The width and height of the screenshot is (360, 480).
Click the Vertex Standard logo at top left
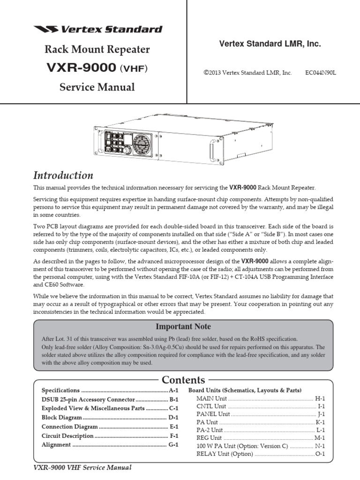click(x=97, y=29)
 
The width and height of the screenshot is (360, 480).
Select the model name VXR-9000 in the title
click(x=81, y=68)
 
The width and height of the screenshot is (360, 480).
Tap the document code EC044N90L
click(x=321, y=73)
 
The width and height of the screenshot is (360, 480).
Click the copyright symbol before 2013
click(x=205, y=73)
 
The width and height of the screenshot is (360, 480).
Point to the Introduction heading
click(x=63, y=175)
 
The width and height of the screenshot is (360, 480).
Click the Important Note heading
click(x=183, y=326)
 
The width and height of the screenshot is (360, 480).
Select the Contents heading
click(x=183, y=380)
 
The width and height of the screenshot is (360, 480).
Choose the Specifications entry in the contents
click(x=60, y=390)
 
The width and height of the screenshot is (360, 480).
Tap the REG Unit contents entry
click(x=209, y=437)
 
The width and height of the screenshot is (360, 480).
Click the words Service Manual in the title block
click(x=97, y=87)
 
